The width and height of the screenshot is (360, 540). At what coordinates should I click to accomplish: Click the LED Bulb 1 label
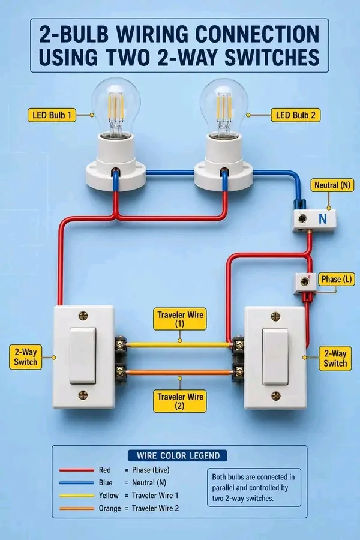click(52, 115)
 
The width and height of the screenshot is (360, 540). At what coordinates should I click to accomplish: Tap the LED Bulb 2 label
click(296, 115)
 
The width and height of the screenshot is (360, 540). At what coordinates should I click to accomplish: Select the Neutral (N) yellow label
click(332, 185)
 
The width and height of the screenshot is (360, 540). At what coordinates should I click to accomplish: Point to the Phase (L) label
click(336, 279)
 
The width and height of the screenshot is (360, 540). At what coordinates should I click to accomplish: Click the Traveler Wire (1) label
click(180, 319)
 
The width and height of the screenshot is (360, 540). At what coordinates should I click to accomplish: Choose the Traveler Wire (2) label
click(180, 401)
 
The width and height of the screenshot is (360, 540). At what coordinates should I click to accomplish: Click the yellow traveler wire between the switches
click(179, 344)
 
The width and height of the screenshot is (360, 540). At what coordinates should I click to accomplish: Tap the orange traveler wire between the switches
click(179, 372)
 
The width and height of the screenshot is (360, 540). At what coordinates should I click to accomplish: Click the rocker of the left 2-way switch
click(83, 356)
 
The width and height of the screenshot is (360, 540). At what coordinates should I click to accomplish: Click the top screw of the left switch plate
click(83, 316)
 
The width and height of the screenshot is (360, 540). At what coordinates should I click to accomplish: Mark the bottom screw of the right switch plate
click(275, 396)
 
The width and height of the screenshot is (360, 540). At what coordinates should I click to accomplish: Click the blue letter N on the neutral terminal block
click(322, 219)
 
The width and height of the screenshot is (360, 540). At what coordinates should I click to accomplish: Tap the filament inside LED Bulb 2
click(224, 107)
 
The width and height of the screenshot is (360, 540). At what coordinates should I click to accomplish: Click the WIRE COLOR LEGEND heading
click(178, 455)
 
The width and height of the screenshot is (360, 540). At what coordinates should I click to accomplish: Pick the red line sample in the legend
click(76, 470)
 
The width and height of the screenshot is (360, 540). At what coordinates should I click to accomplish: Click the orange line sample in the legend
click(76, 508)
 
